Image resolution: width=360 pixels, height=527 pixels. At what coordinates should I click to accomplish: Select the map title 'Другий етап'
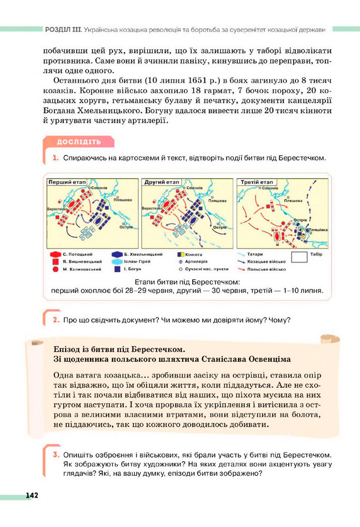coord(159,182)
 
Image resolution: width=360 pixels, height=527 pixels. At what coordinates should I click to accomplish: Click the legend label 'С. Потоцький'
coord(77,254)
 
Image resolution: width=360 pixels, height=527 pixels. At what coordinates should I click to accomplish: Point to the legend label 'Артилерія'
coord(196,262)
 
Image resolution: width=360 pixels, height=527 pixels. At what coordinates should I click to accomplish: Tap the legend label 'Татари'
coord(255,254)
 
